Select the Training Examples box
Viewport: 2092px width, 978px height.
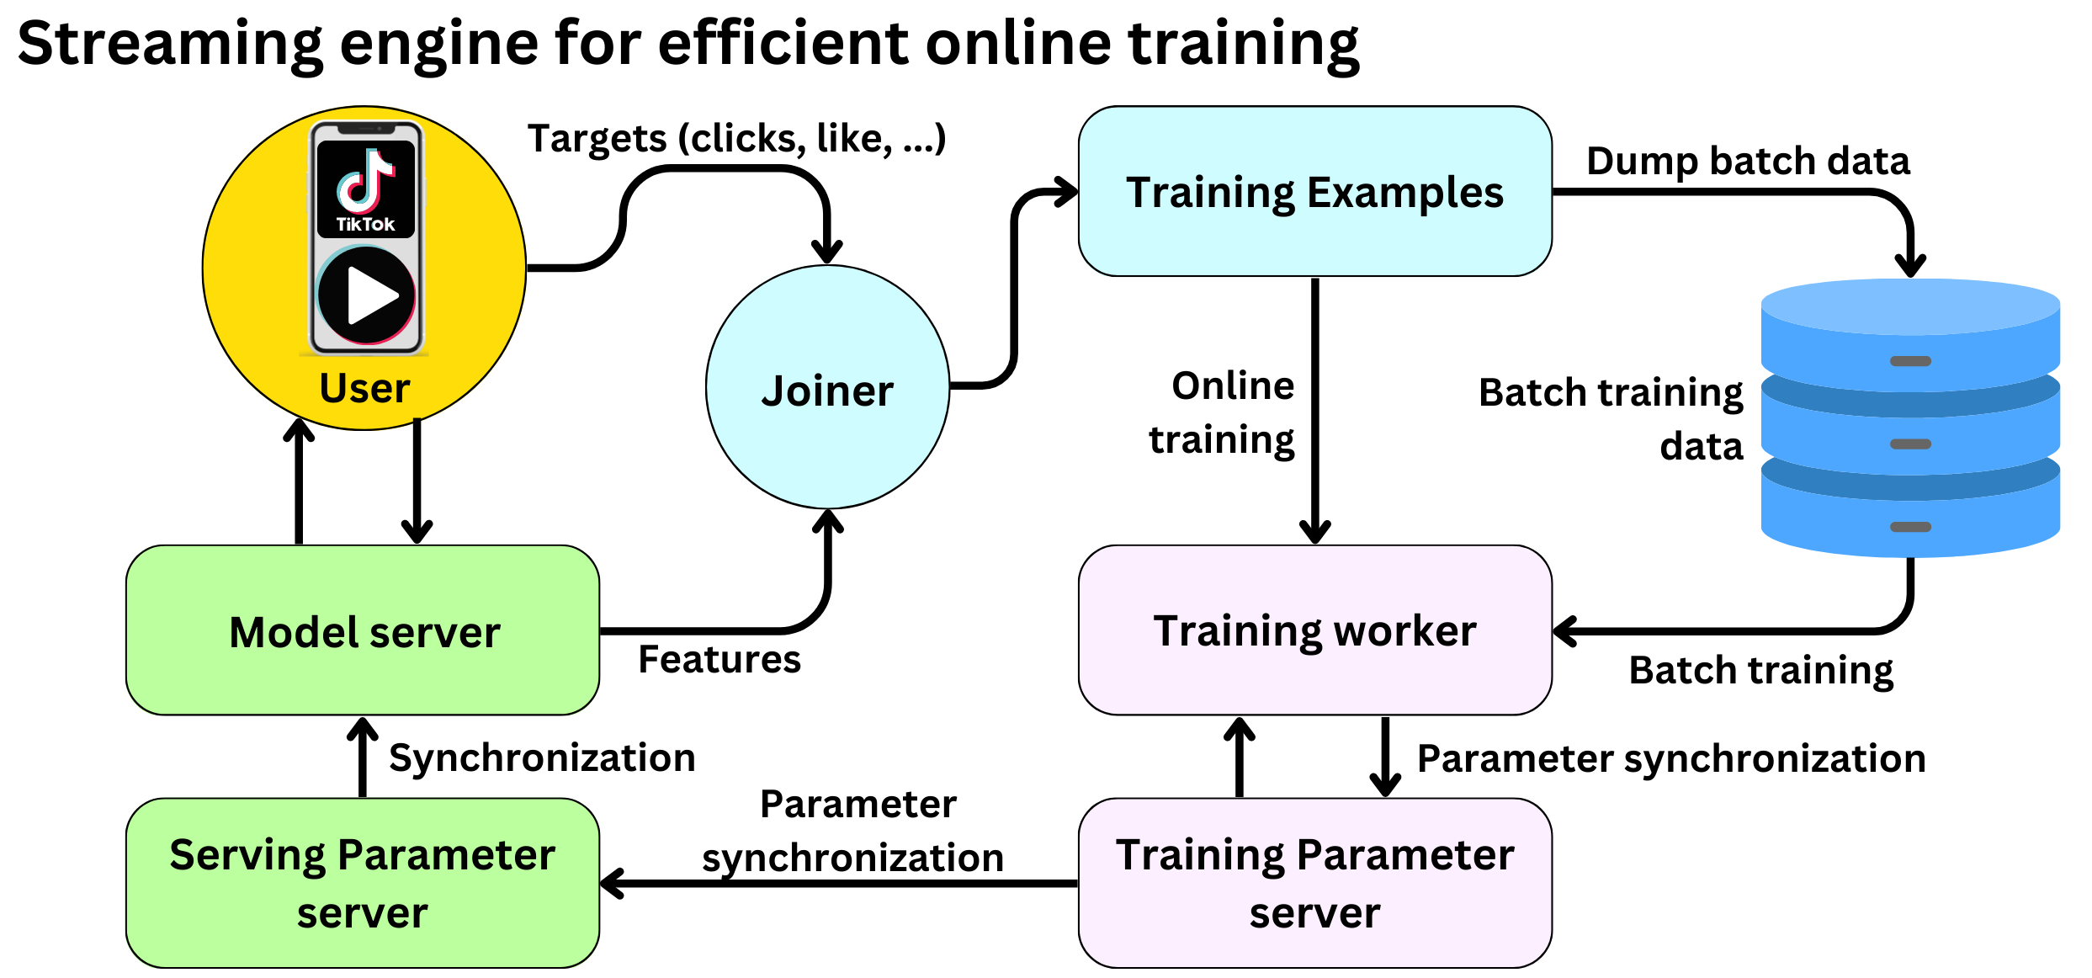point(1314,191)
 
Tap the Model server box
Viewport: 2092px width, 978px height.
point(363,630)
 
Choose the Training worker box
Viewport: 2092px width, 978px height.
point(1314,630)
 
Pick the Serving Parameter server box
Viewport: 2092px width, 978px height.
point(363,883)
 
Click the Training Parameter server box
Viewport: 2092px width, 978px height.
point(1314,883)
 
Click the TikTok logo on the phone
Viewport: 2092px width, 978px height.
point(366,189)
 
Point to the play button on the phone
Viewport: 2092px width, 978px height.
point(367,295)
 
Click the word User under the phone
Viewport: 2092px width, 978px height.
point(364,389)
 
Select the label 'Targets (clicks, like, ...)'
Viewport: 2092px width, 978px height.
point(736,138)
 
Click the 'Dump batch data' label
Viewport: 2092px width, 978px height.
point(1748,161)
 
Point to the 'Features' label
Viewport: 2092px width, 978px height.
point(719,659)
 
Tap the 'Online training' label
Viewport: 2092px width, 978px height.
point(1223,412)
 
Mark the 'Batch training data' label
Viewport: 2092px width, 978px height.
point(1611,419)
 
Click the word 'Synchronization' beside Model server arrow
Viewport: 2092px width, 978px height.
point(542,757)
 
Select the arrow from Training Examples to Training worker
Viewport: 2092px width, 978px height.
point(1314,412)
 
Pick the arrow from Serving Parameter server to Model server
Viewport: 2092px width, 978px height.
point(363,757)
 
